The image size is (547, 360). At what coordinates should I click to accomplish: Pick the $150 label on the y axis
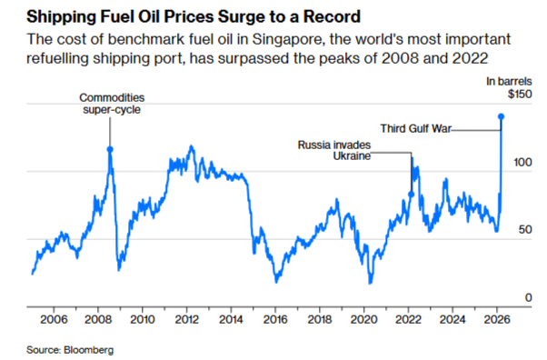point(518,95)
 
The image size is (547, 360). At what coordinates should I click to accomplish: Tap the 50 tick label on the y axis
point(524,230)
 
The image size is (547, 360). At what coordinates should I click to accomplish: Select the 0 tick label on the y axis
point(527,298)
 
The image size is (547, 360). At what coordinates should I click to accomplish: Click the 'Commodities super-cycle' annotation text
point(111,104)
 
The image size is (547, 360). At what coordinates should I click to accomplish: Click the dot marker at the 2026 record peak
point(502,116)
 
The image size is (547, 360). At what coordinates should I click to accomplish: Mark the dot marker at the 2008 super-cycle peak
point(111,150)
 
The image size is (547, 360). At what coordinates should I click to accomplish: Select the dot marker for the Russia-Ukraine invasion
point(411,194)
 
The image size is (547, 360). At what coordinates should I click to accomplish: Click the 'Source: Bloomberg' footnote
point(63,349)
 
